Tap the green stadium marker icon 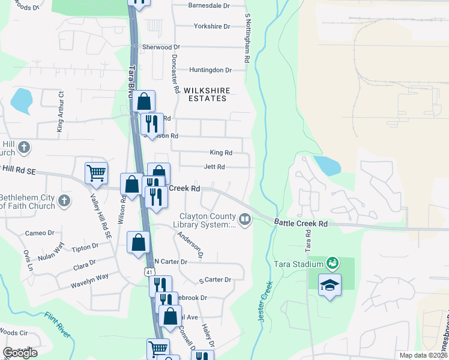331,263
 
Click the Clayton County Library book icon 244,220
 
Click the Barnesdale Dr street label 209,5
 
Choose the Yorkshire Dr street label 212,26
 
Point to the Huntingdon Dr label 210,70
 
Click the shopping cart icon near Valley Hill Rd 96,173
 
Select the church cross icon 24,148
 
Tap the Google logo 20,353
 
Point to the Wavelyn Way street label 89,277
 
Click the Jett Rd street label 214,167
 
